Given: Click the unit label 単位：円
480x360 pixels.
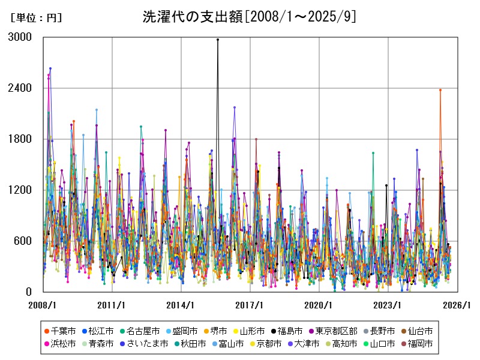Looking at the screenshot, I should tap(36, 18).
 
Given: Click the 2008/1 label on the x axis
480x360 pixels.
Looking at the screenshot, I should tap(43, 305).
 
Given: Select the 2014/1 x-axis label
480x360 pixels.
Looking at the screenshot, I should tap(181, 305).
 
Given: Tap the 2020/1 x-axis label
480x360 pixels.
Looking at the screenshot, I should tap(319, 305).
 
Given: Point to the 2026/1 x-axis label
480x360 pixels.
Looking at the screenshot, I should tap(457, 305).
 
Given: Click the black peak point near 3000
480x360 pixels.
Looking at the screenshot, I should tap(218, 40).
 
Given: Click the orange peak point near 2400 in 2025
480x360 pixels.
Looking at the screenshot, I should tap(440, 90).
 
